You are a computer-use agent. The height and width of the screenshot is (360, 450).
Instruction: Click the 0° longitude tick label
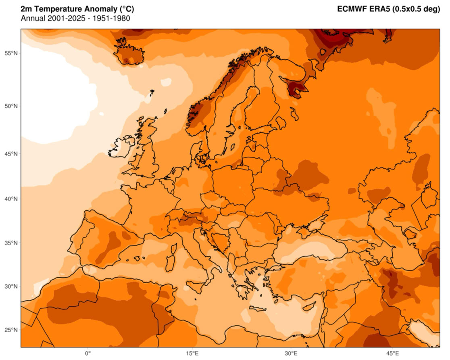click(88, 354)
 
